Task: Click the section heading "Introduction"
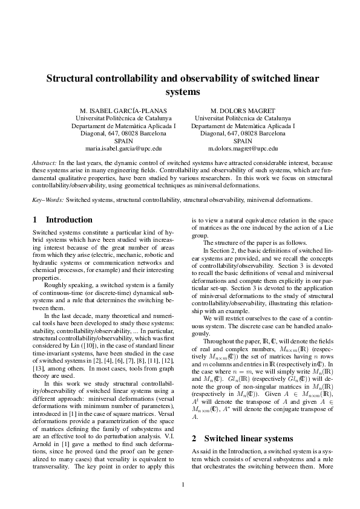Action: point(69,220)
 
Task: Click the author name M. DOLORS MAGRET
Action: point(243,111)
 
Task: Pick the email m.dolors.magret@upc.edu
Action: point(243,148)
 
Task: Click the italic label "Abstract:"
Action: point(44,163)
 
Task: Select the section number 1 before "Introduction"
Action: point(34,220)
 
